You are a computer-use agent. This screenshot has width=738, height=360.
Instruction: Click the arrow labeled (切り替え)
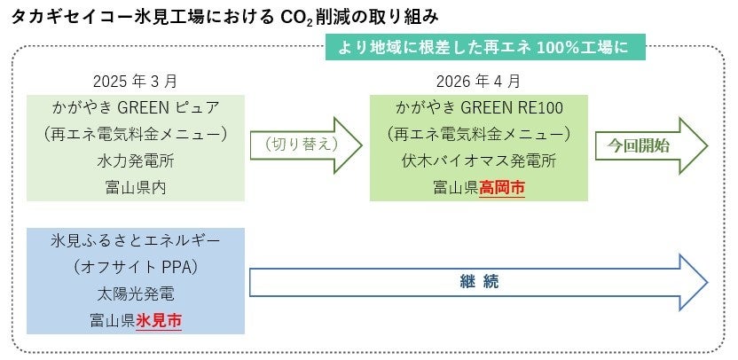pyautogui.click(x=306, y=142)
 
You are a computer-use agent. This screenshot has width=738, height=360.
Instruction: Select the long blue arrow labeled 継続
pyautogui.click(x=479, y=283)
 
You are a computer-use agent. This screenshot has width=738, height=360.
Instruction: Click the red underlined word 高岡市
pyautogui.click(x=501, y=187)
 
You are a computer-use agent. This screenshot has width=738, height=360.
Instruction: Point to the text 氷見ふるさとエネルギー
pyautogui.click(x=135, y=240)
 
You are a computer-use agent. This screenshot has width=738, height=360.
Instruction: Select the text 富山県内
pyautogui.click(x=135, y=187)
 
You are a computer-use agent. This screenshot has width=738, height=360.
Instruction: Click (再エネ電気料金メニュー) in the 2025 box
pyautogui.click(x=135, y=135)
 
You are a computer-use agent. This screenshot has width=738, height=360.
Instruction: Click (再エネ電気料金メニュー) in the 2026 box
pyautogui.click(x=478, y=135)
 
